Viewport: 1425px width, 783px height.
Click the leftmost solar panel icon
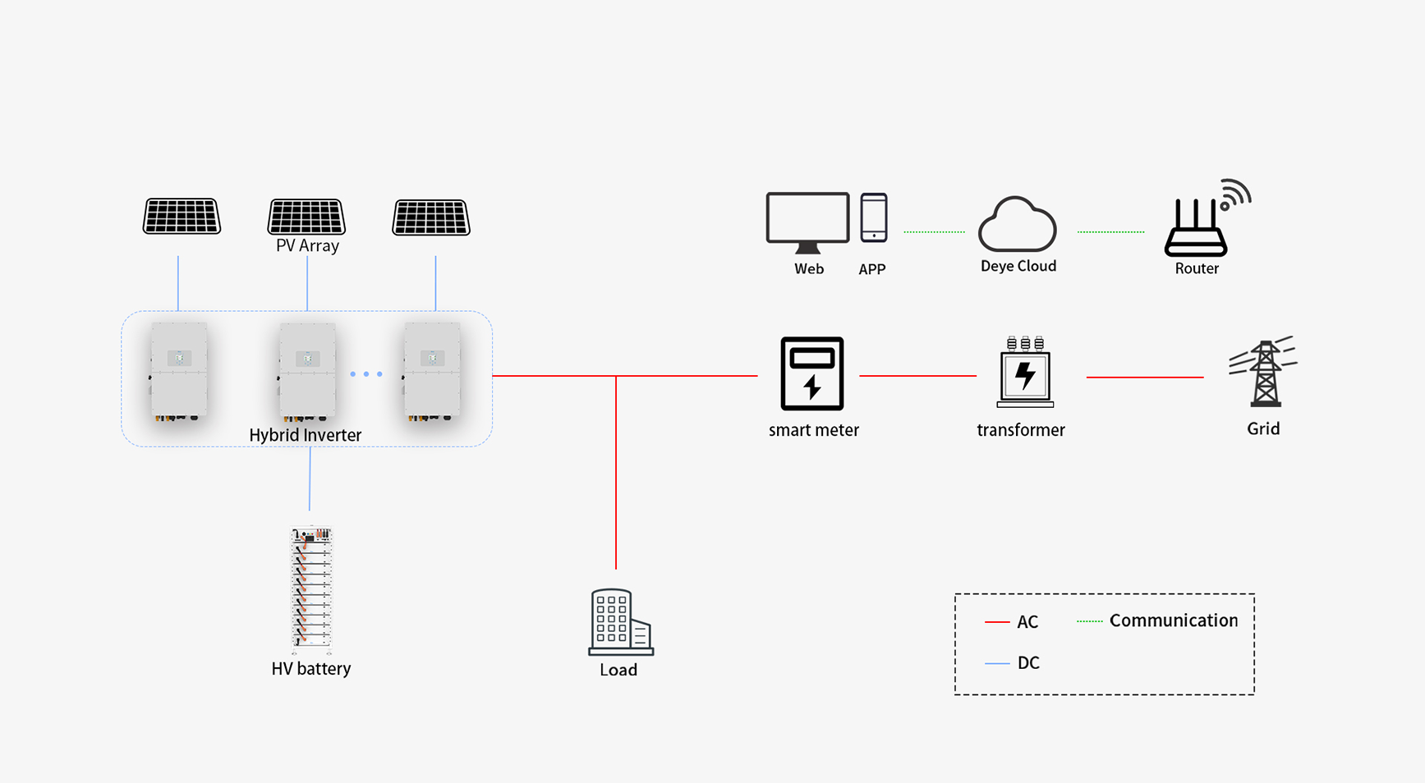pos(182,217)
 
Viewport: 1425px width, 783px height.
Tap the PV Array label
pos(307,245)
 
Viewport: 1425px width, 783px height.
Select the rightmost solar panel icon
pos(431,217)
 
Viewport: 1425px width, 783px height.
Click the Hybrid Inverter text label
pos(305,435)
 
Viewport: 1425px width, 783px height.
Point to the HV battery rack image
pos(311,587)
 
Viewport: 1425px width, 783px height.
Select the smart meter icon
pos(811,373)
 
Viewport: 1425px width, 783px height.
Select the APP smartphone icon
pos(873,217)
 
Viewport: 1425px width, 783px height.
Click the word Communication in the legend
pos(1173,620)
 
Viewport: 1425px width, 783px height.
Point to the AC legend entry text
pos(1027,622)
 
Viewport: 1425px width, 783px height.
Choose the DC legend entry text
pos(1027,663)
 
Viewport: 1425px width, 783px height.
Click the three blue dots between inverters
pos(366,374)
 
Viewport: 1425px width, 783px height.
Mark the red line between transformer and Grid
pos(1144,378)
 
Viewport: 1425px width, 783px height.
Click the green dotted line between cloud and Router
pos(1110,232)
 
